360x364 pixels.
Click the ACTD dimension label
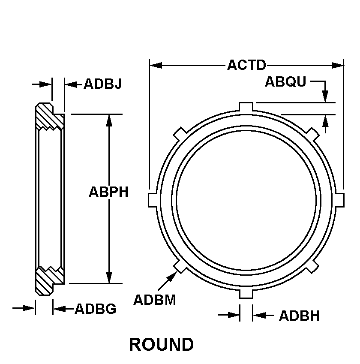tap(246, 65)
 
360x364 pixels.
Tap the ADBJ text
tap(102, 84)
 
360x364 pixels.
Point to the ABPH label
tap(108, 192)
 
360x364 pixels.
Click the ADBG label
tap(95, 309)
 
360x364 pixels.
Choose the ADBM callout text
tap(155, 300)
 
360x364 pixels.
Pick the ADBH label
tap(299, 316)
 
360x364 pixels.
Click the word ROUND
tap(161, 344)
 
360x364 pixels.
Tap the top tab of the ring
tap(246, 106)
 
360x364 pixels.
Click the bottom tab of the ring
tap(246, 294)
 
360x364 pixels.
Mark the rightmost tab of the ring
tap(339, 199)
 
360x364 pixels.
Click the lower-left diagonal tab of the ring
tap(180, 266)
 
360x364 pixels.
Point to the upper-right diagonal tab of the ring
tap(313, 133)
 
